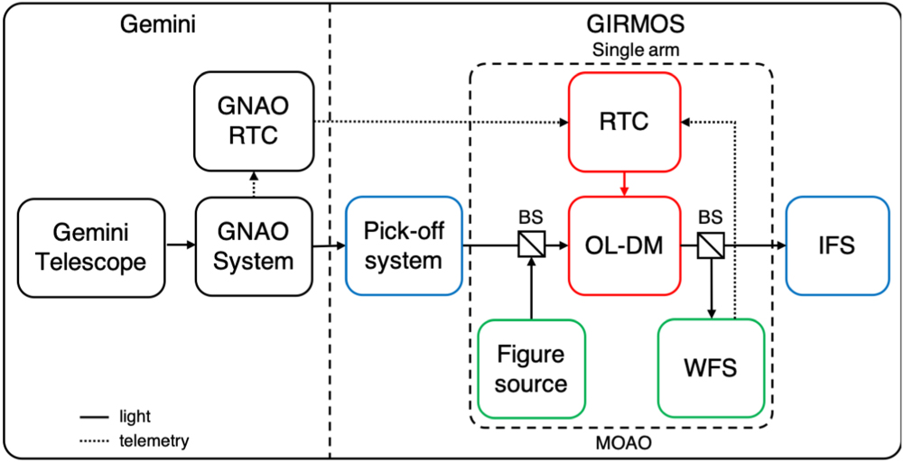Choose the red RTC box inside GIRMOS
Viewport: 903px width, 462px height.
(x=623, y=122)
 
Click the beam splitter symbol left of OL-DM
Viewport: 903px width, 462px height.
(x=531, y=244)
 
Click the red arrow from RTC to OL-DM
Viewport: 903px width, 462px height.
(x=623, y=183)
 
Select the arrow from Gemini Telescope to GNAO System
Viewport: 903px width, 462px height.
(x=181, y=244)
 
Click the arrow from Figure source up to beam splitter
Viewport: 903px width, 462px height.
(x=531, y=289)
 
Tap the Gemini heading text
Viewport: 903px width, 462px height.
(x=158, y=25)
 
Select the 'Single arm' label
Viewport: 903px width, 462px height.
(x=623, y=51)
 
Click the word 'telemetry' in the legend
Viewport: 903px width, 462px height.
(x=154, y=440)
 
